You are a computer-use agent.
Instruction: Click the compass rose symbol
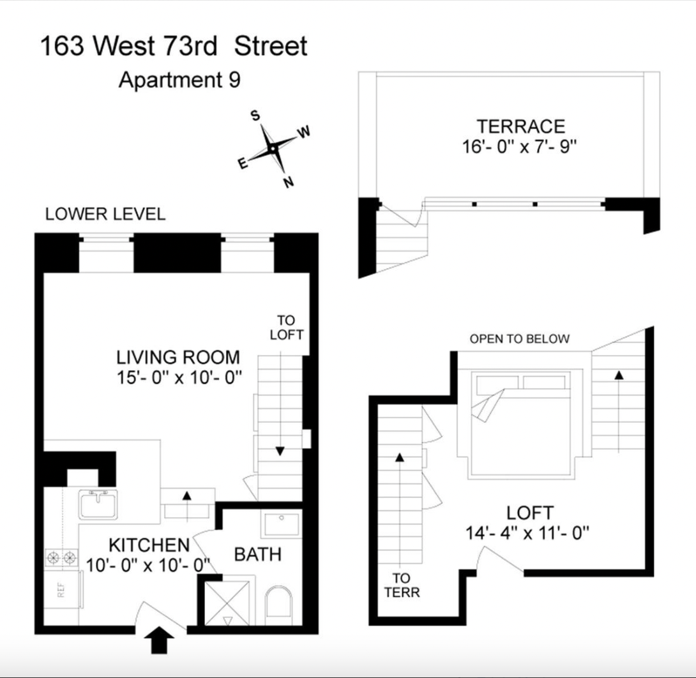(x=273, y=148)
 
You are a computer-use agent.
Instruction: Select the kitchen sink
(x=98, y=504)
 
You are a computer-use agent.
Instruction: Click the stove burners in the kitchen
(x=61, y=559)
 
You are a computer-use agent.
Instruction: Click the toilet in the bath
(x=279, y=606)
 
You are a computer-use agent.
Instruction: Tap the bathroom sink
(x=280, y=524)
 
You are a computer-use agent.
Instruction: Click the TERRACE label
(x=520, y=126)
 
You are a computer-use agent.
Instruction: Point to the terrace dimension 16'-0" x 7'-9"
(x=520, y=146)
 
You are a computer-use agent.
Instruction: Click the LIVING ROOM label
(x=178, y=357)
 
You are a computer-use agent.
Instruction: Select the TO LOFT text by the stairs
(x=286, y=328)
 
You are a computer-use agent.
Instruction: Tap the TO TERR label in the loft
(x=402, y=585)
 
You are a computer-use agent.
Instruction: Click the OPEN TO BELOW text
(x=519, y=339)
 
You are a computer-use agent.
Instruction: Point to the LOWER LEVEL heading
(x=105, y=215)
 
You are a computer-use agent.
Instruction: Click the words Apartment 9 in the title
(x=179, y=80)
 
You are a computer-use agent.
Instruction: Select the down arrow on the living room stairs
(x=280, y=451)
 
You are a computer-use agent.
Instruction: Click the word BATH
(x=257, y=554)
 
